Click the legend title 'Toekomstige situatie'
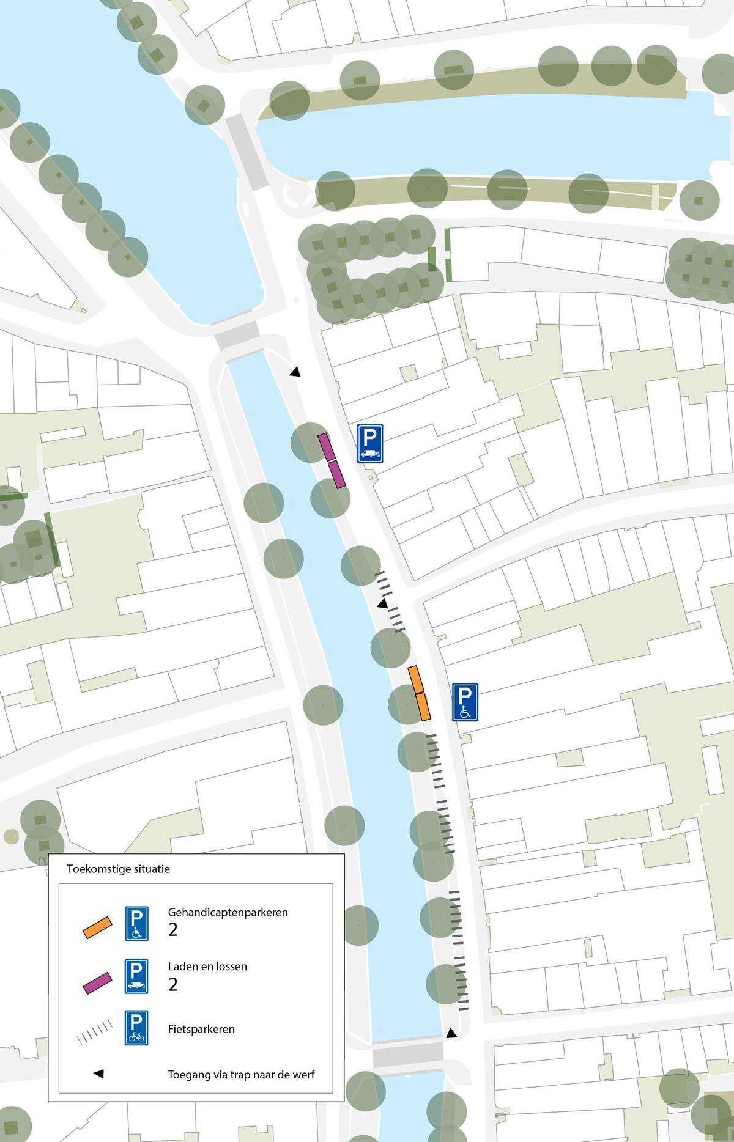click(118, 869)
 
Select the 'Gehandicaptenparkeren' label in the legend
click(228, 912)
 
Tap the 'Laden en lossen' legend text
click(207, 967)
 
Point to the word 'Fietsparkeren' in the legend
click(201, 1029)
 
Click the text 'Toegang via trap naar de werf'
click(241, 1074)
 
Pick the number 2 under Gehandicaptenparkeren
click(173, 930)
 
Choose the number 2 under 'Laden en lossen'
click(173, 984)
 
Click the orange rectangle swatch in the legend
click(97, 927)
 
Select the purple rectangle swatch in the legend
click(97, 982)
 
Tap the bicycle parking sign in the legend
click(136, 1028)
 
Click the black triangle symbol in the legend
click(98, 1074)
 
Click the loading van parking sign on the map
click(370, 443)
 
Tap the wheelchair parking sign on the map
click(465, 702)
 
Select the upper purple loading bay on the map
click(327, 447)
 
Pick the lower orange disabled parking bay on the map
click(423, 706)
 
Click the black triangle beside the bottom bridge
click(451, 1033)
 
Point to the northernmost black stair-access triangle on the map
click(295, 372)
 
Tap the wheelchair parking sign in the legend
click(136, 923)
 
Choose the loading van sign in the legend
click(136, 976)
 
